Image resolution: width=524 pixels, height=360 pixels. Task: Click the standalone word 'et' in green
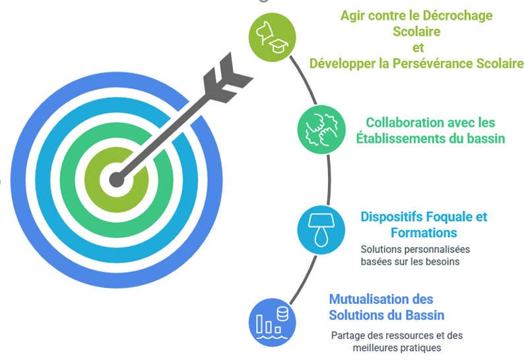point(416,47)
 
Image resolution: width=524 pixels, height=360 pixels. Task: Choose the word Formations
point(424,233)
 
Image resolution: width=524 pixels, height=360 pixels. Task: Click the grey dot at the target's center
point(117,179)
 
